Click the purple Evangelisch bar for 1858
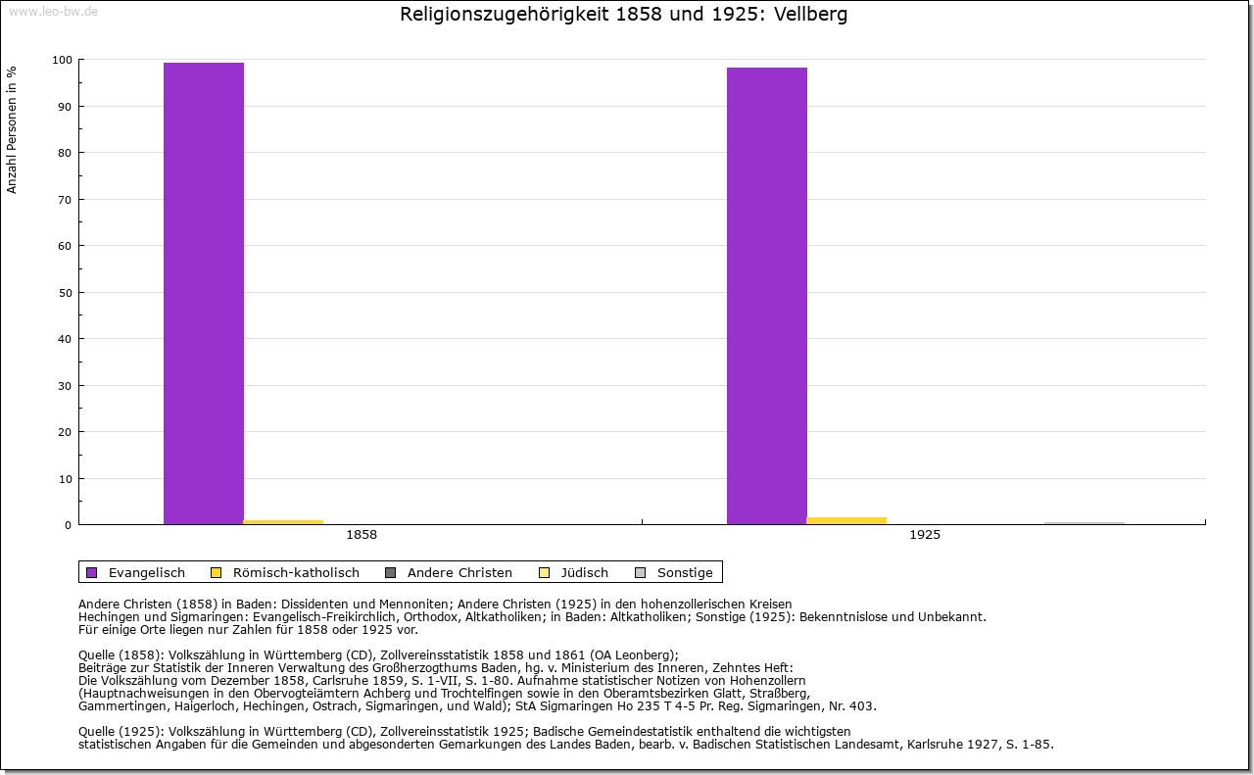[204, 293]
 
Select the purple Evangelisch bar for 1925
[767, 296]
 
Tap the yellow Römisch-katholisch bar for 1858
[283, 522]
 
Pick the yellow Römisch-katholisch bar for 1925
[846, 520]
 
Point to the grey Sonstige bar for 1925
[1085, 523]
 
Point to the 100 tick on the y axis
[62, 60]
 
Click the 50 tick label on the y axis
[65, 293]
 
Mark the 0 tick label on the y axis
[69, 525]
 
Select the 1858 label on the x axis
[362, 535]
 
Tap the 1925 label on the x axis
[925, 535]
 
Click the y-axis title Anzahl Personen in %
[13, 129]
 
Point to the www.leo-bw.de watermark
[53, 11]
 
